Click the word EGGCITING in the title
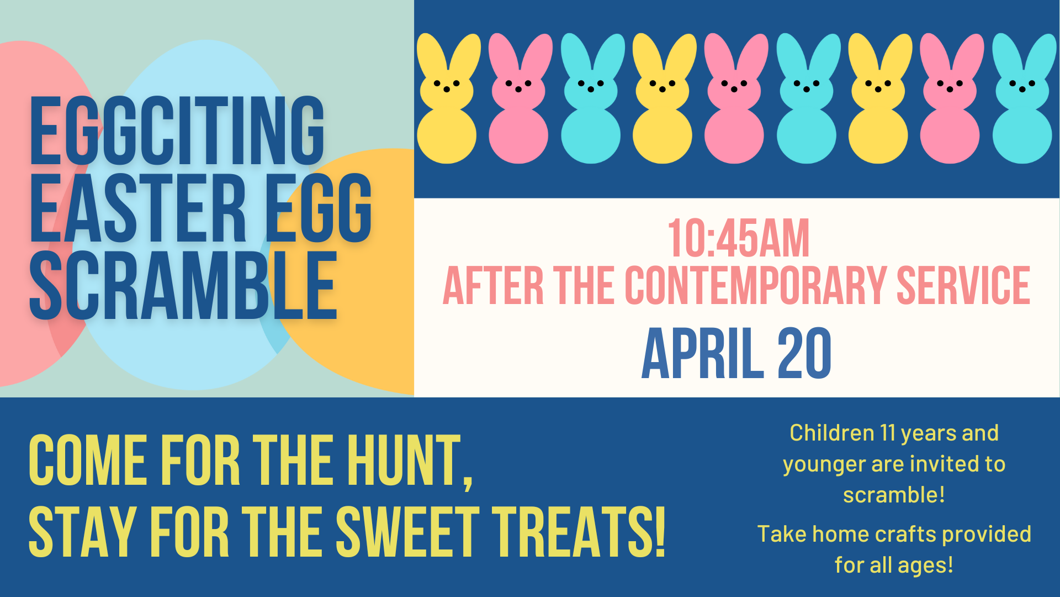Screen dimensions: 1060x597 point(177,130)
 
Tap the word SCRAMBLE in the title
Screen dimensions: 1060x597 point(183,285)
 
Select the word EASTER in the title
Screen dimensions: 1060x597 point(137,208)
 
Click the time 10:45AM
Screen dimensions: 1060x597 point(738,238)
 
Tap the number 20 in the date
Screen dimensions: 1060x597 point(804,353)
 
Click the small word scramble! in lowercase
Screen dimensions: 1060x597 point(894,495)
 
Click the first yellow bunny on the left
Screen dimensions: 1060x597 point(447,98)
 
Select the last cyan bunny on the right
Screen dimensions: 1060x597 point(1022,98)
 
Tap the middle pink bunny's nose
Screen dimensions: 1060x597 point(734,90)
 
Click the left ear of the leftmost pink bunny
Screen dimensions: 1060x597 point(501,55)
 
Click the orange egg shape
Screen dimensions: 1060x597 point(353,271)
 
